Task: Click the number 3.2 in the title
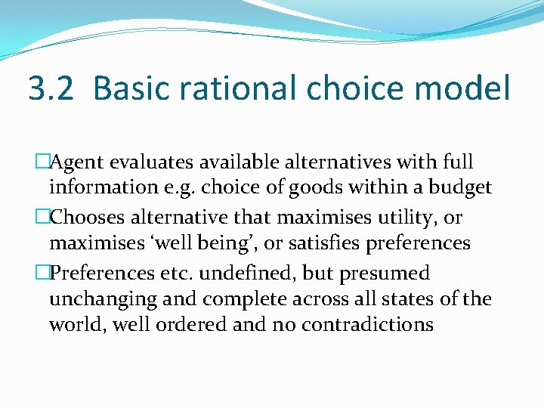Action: (52, 88)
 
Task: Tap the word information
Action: (99, 187)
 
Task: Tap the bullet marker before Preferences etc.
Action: (42, 273)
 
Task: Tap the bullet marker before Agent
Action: (42, 162)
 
